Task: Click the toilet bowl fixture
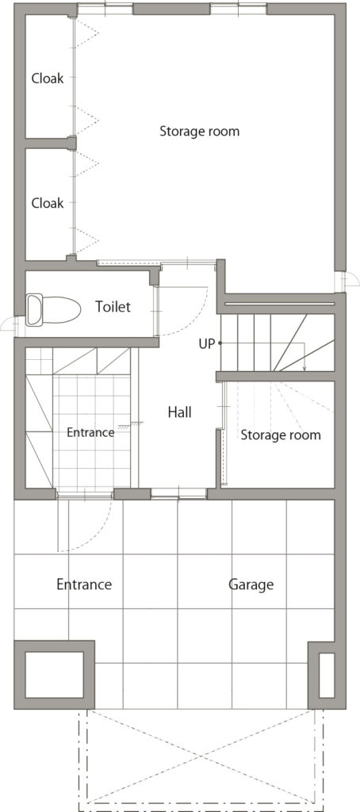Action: pos(53,310)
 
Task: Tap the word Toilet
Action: pos(113,307)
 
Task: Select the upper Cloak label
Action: pos(48,79)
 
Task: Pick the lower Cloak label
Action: pos(48,203)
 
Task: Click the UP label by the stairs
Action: pos(206,343)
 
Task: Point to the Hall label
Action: pos(180,412)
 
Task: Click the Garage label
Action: pos(251,585)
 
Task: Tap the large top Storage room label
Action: pos(199,131)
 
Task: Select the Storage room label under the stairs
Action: pos(280,435)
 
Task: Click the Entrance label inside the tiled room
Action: pos(90,432)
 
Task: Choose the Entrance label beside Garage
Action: pos(84,584)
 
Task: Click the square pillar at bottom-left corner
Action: pos(54,675)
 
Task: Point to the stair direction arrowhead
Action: pos(304,368)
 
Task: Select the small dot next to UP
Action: pos(220,343)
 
